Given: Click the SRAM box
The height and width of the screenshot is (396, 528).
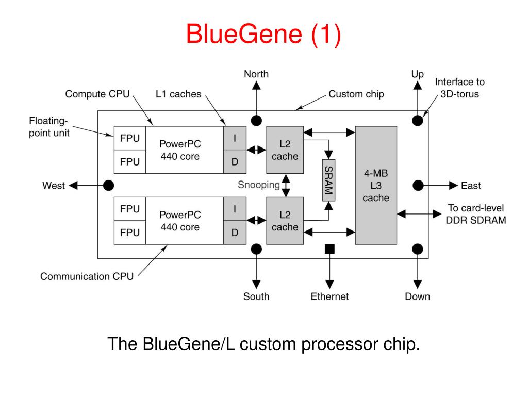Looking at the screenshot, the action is [328, 180].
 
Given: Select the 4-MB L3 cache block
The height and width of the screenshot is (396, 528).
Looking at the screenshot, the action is [376, 185].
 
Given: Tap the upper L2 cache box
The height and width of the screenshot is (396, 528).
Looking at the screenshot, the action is [285, 150].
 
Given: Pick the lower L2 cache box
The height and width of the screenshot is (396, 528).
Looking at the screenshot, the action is [285, 221].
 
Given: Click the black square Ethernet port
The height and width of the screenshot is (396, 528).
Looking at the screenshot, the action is [329, 249].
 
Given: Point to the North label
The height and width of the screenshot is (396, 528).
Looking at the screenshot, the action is [256, 74].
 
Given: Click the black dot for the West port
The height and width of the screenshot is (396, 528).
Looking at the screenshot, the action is [108, 185].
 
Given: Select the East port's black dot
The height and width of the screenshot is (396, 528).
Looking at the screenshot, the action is [418, 185].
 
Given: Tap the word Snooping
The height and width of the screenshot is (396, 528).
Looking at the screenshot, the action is [259, 185].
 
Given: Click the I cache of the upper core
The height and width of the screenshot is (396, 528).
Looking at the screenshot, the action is [235, 138].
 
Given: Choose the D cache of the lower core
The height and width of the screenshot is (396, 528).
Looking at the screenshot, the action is [235, 233].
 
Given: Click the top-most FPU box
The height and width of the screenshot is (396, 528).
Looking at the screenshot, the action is [130, 138].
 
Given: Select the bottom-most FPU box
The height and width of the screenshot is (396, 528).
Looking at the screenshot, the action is [130, 233].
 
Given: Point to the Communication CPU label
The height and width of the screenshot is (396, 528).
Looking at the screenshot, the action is [87, 276].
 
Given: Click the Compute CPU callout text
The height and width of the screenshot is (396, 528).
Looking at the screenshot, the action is [97, 94].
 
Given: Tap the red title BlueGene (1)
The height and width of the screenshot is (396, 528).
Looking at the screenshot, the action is [263, 34].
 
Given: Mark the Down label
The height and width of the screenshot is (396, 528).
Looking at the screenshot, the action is [418, 296].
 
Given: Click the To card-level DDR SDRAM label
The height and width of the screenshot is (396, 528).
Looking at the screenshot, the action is [476, 214].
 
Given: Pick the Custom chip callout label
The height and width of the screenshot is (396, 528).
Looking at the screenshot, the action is [356, 94].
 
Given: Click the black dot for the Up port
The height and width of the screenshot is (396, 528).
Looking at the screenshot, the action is [418, 120].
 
